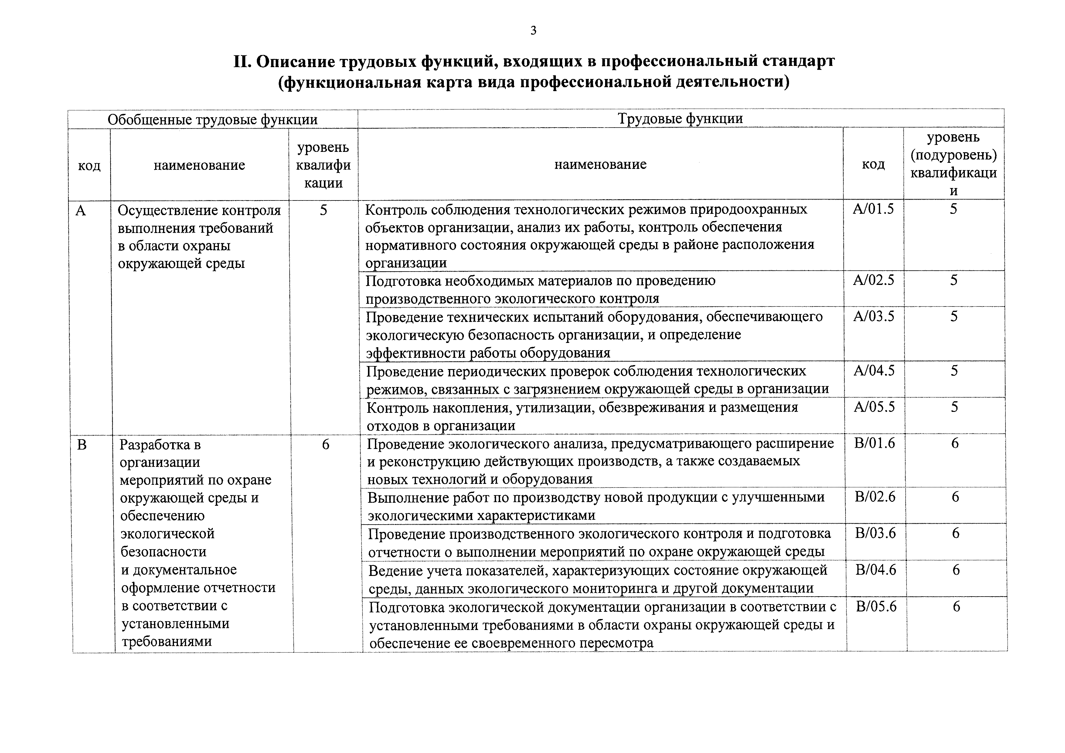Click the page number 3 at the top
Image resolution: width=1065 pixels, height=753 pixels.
(x=533, y=31)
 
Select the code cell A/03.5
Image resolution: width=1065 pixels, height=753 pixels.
(x=873, y=317)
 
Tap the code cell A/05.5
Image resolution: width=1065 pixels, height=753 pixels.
(x=874, y=407)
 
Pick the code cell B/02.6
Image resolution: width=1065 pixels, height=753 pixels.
(x=875, y=497)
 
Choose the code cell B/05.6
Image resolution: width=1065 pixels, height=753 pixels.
(x=876, y=606)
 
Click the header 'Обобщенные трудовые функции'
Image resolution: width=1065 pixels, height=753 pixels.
(x=213, y=120)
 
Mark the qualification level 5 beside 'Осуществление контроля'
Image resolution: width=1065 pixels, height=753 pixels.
(x=323, y=210)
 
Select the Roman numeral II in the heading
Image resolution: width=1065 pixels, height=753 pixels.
(x=242, y=61)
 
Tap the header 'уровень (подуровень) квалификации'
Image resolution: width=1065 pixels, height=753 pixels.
(x=953, y=164)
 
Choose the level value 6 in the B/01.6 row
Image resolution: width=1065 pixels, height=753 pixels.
(x=954, y=443)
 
